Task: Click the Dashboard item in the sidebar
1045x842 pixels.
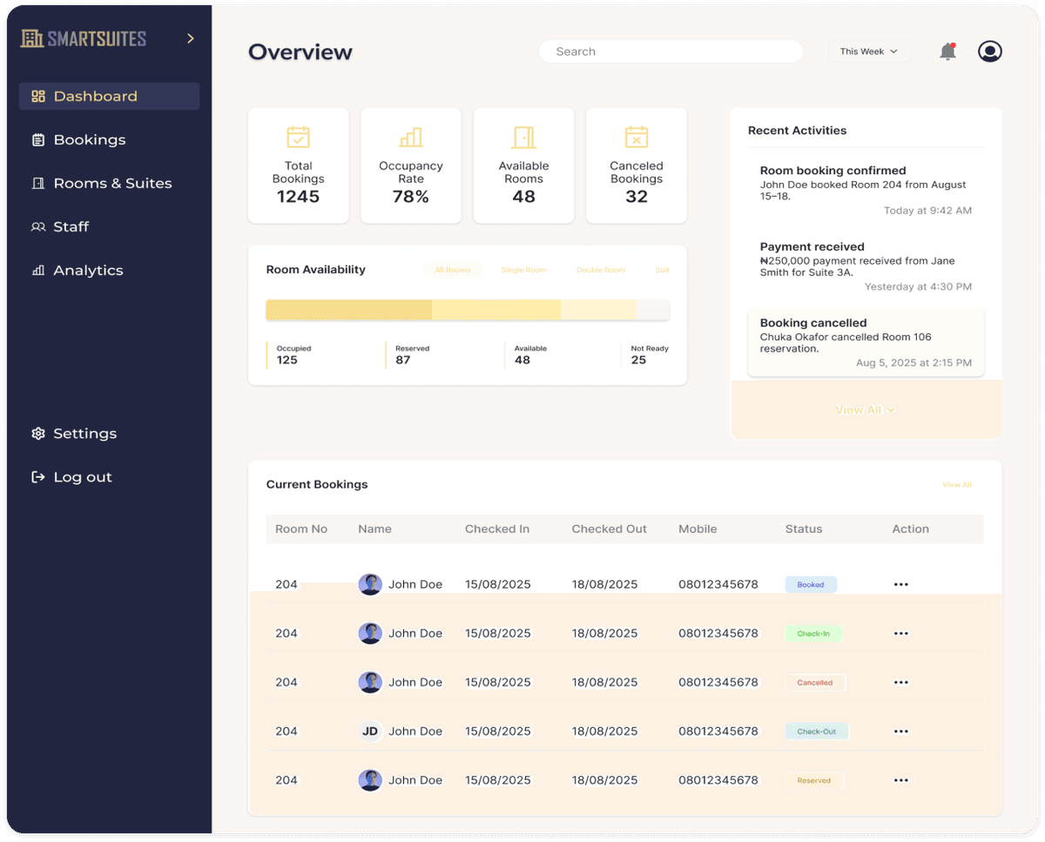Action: coord(96,97)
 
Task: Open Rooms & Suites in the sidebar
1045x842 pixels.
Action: coord(112,184)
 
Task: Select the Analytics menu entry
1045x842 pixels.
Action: coord(88,271)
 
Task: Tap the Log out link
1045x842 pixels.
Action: coord(83,477)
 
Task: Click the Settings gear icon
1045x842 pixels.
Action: coord(38,434)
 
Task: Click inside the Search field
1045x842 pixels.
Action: coord(671,51)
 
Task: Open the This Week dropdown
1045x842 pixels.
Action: coord(868,51)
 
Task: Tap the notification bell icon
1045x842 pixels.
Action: coord(947,51)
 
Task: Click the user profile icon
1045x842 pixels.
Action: coord(989,51)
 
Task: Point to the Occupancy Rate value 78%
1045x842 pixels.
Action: coord(411,197)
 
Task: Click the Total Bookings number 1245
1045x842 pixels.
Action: coord(299,197)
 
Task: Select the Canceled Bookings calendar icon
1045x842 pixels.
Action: coord(637,138)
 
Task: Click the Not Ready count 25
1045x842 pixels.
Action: coord(638,360)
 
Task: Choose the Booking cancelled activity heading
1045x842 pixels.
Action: coord(813,323)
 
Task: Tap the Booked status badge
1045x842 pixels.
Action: coord(811,585)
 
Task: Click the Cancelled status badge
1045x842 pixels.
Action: coord(815,683)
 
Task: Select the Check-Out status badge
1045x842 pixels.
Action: coord(816,731)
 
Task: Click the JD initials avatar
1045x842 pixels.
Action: coord(370,731)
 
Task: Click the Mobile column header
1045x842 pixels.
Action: coord(698,529)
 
